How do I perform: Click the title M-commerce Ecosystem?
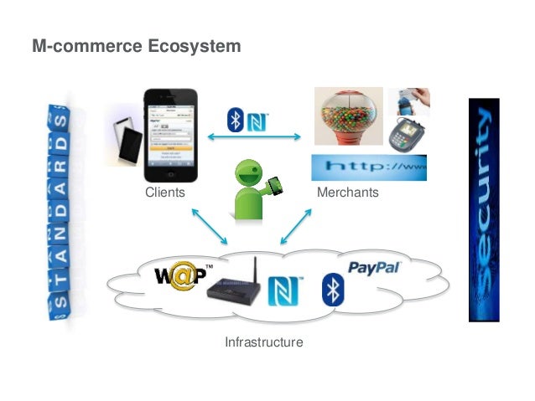click(x=136, y=46)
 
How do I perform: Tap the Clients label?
click(x=164, y=193)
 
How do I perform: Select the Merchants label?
click(x=348, y=193)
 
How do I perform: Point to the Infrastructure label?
click(x=263, y=342)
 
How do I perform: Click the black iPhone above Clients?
click(x=170, y=135)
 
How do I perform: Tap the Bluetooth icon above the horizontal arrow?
click(x=236, y=119)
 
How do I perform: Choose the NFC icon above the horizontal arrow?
click(x=257, y=119)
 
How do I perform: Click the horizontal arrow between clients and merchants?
click(x=253, y=137)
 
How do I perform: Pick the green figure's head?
click(x=249, y=174)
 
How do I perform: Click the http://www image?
click(x=369, y=167)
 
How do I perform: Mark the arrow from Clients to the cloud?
click(x=209, y=225)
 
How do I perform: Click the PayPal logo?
click(x=374, y=269)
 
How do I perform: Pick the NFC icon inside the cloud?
click(x=284, y=290)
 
